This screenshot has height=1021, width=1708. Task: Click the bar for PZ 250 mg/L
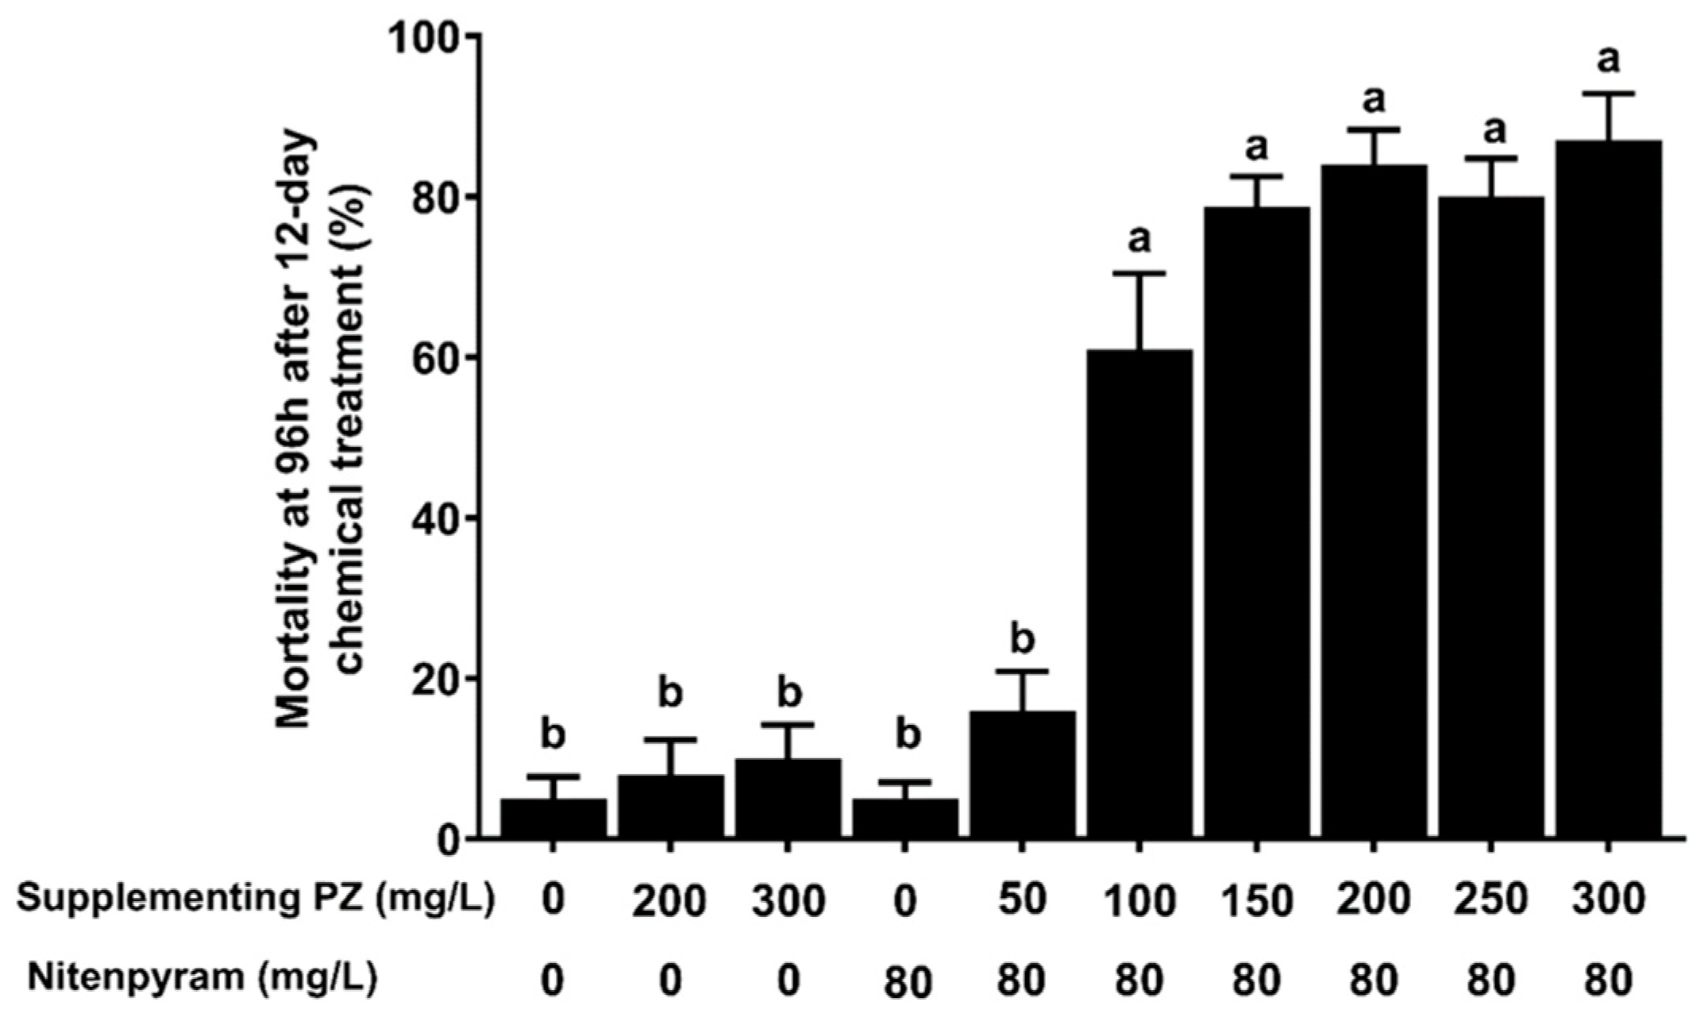point(1490,517)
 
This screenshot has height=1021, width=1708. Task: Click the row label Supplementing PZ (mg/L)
point(256,900)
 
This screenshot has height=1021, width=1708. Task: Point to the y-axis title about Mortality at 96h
point(322,433)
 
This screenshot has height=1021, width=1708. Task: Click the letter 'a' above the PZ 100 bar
point(1139,237)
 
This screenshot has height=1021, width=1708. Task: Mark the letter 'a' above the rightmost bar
point(1609,60)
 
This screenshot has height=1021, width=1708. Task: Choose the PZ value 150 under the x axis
point(1256,901)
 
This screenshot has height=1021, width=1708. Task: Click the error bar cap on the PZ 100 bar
point(1139,273)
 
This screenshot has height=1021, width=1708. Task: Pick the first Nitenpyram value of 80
point(905,981)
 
